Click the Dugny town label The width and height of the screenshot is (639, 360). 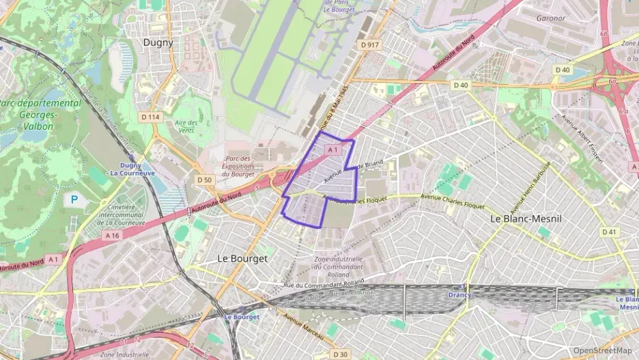[x=158, y=42]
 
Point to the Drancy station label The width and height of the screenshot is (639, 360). [x=459, y=295]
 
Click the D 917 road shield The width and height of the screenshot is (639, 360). [x=369, y=44]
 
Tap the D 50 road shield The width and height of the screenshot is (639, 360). [x=204, y=180]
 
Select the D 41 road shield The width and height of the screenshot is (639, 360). [x=610, y=232]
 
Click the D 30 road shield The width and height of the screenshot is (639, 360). [x=340, y=354]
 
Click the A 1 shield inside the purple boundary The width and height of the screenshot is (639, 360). [x=332, y=150]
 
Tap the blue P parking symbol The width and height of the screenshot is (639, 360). [x=74, y=200]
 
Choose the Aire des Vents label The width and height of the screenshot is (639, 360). [x=186, y=126]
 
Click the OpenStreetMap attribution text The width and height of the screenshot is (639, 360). [x=602, y=350]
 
